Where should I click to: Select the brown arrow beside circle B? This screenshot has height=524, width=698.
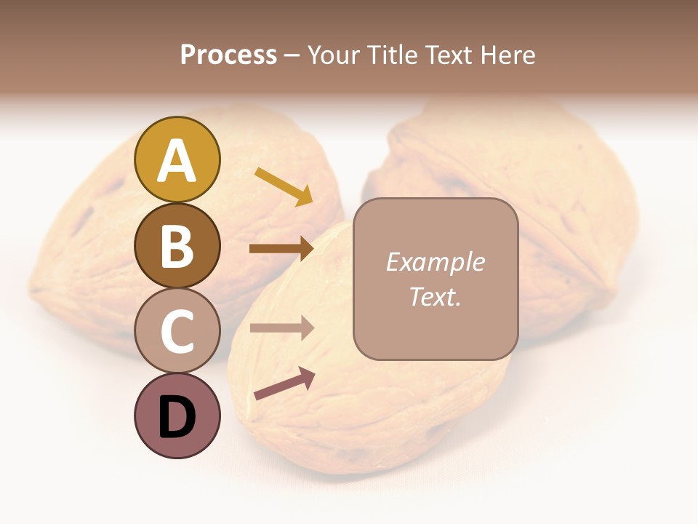(281, 249)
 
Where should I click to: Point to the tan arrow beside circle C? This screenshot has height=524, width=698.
(281, 328)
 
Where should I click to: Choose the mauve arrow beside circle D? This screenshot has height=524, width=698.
(284, 384)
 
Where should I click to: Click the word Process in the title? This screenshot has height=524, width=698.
(228, 55)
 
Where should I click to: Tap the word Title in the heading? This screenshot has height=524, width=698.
(392, 55)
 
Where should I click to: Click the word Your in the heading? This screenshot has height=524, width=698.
(334, 55)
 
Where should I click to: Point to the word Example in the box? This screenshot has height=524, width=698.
(435, 262)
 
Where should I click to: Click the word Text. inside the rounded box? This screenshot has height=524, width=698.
(435, 296)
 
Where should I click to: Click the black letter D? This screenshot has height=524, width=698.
(177, 418)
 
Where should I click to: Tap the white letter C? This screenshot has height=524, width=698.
(177, 332)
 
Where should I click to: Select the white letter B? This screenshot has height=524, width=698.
(177, 246)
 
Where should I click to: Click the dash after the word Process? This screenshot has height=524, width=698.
(292, 56)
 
